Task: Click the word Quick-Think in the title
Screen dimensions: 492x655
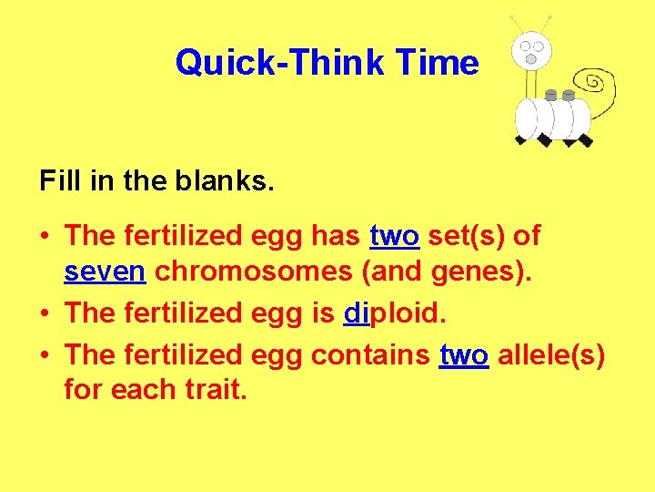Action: point(282,63)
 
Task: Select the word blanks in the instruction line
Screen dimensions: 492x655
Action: point(228,180)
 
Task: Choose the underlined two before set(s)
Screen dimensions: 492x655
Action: point(394,235)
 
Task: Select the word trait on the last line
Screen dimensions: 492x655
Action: point(214,390)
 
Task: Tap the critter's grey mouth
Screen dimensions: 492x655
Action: point(530,59)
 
